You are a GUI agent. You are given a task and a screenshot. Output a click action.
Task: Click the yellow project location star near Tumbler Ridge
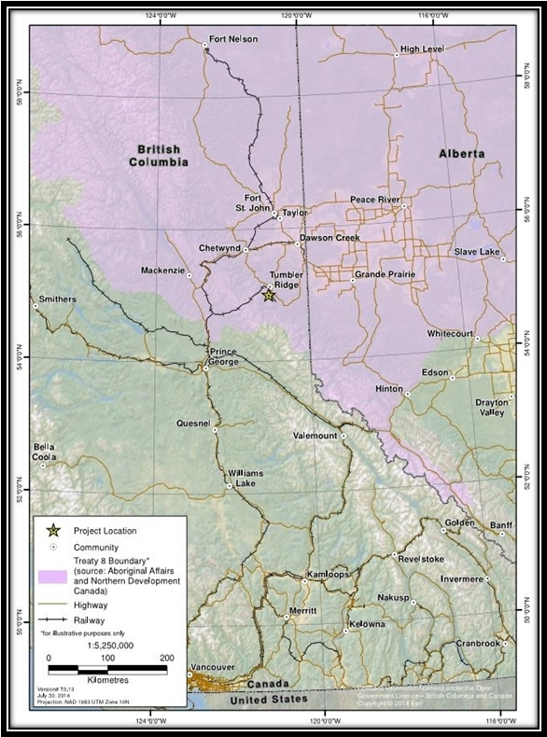point(268,296)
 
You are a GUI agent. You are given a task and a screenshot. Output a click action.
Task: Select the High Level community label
point(421,49)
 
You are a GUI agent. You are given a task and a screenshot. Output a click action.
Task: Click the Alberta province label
point(462,153)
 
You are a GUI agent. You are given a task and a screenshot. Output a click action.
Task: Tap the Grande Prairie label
point(383,276)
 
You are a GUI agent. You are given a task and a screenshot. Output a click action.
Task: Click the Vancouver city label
point(210,668)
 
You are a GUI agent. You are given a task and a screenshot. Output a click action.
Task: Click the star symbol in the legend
point(54,531)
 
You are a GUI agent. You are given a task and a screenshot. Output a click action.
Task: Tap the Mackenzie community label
point(164,271)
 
